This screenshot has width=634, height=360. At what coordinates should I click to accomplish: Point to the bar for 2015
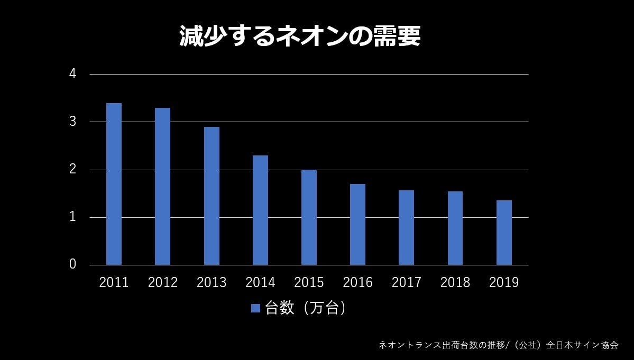309,217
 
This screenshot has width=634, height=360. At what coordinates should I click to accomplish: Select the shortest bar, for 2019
504,233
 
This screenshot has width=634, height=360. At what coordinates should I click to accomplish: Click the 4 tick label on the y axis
73,74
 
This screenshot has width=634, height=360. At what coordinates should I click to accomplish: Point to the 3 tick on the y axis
73,122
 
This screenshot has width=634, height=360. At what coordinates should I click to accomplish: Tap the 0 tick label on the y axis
73,264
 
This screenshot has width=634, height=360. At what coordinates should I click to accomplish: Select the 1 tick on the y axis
73,217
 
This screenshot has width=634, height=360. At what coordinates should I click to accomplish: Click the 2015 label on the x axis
309,283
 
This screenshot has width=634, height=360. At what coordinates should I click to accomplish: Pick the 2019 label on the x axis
504,283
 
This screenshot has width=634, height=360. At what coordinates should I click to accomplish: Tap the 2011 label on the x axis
114,283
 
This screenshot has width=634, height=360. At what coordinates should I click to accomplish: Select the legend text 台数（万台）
306,308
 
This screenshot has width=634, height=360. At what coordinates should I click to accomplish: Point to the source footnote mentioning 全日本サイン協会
498,345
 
